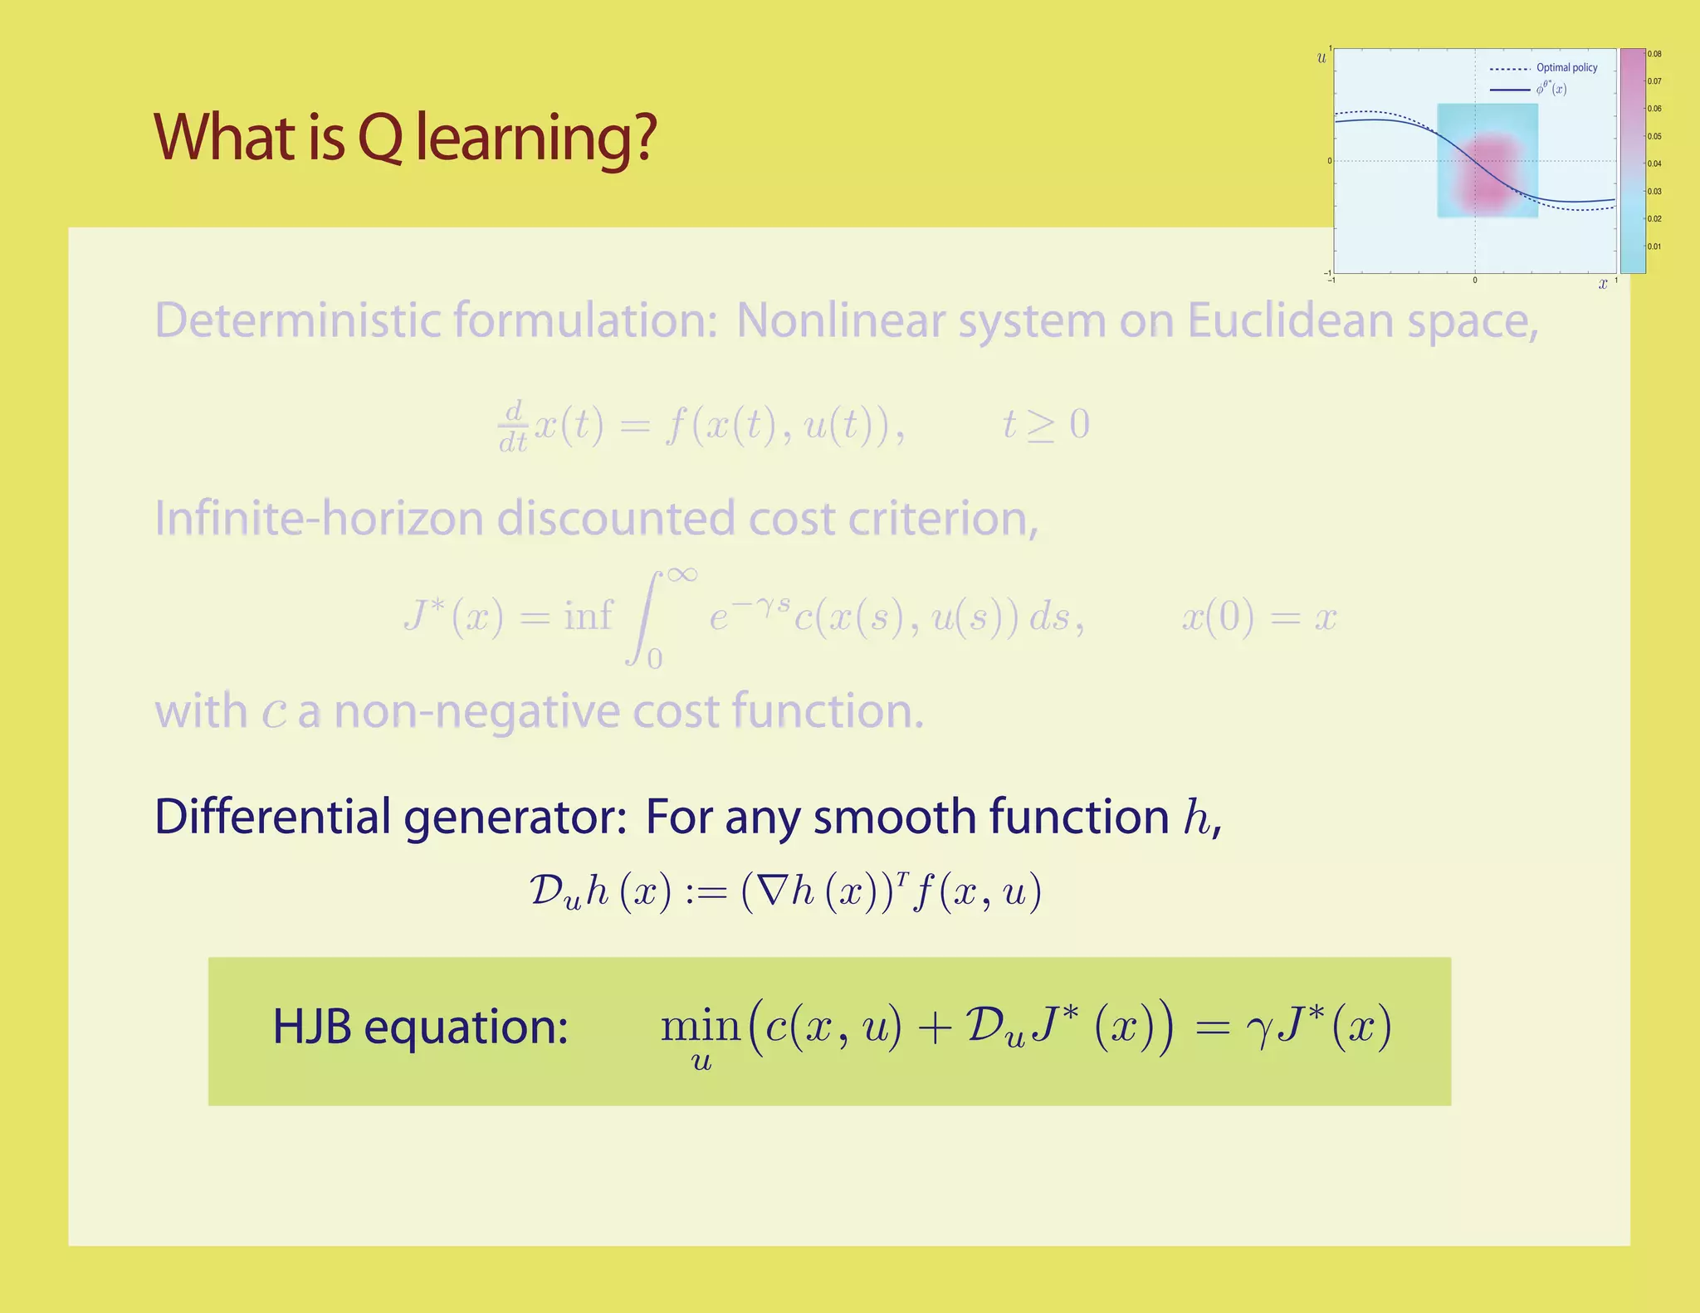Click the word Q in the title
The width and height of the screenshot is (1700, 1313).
pos(379,138)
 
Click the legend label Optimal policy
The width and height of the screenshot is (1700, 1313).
pos(1566,68)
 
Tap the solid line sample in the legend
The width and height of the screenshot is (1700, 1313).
pos(1510,90)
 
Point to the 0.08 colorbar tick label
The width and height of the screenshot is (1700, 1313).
pos(1654,54)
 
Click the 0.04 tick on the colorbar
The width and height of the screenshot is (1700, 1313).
pos(1654,164)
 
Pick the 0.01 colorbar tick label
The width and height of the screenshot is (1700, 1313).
pos(1654,246)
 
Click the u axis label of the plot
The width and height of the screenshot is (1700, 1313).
pos(1322,57)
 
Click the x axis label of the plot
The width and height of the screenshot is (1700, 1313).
pos(1603,284)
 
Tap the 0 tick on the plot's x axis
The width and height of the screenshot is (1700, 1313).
pos(1475,281)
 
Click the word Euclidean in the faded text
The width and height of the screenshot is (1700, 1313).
pos(1292,320)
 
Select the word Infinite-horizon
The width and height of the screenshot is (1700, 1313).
pos(319,519)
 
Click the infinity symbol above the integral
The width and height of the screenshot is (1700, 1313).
pos(681,574)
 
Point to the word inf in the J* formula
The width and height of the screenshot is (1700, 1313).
pos(589,616)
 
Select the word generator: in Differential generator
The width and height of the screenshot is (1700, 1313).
pos(515,817)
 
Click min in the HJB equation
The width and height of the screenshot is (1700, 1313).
pos(700,1027)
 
